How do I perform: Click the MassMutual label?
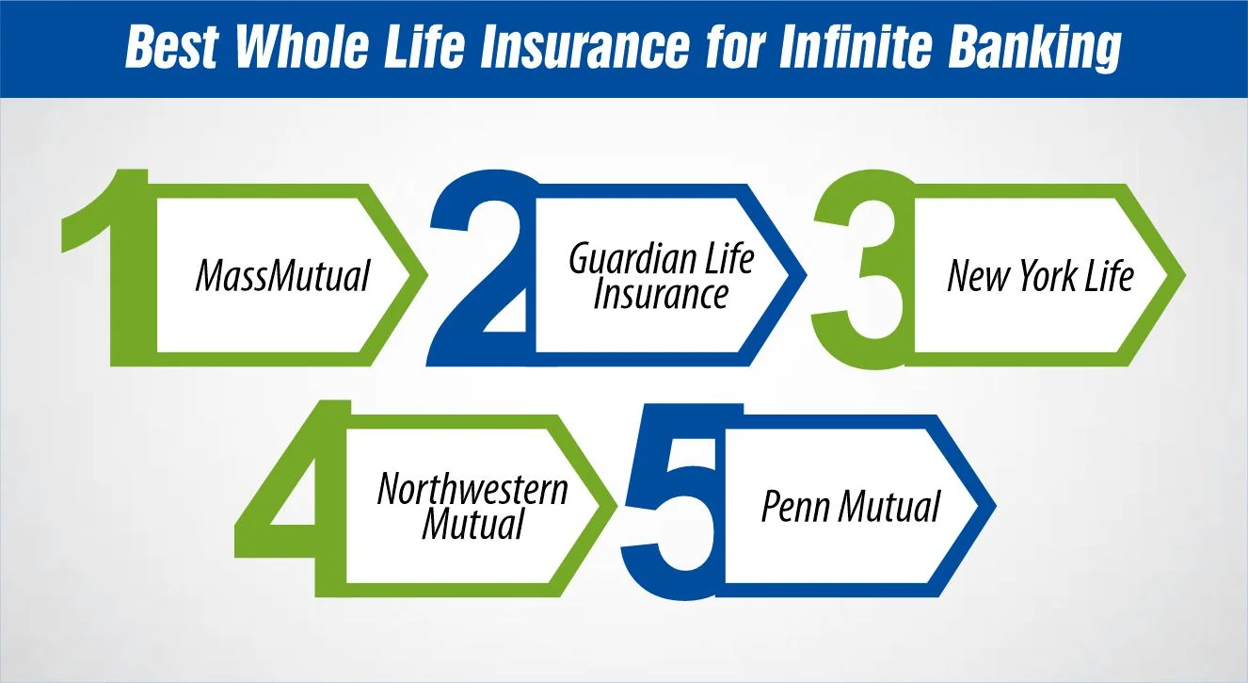coord(282,276)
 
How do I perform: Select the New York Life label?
coord(1040,276)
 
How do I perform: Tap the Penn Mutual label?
coord(850,508)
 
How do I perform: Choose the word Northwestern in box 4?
coord(472,489)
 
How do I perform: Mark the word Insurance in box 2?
coord(661,295)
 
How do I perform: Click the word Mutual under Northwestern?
coord(472,524)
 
